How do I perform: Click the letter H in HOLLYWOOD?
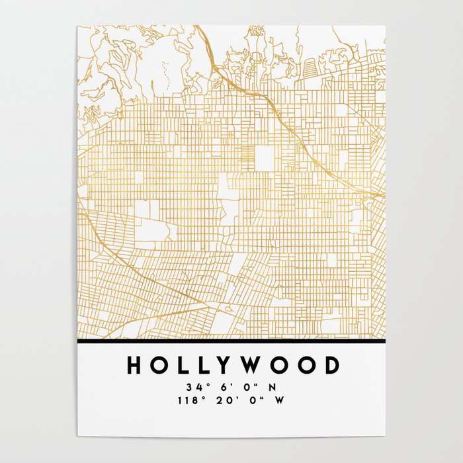[132, 366]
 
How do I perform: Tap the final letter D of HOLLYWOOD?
[331, 366]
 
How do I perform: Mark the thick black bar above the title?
[232, 342]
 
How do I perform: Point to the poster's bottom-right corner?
[385, 436]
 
